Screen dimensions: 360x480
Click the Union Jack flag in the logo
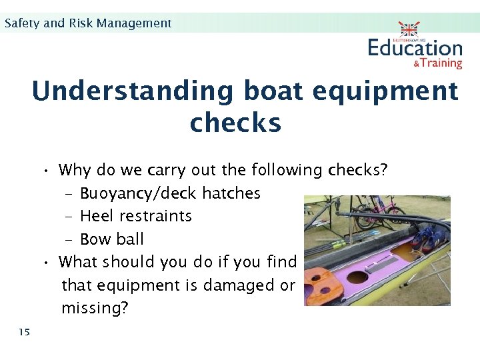(x=409, y=29)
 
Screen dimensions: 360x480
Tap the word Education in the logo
(x=415, y=48)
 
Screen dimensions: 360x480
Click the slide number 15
(x=25, y=331)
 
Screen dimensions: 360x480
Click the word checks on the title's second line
(x=235, y=123)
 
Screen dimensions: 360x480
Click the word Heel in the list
(x=97, y=216)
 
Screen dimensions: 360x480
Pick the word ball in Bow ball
(x=130, y=239)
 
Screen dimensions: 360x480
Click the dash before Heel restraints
(x=69, y=216)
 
